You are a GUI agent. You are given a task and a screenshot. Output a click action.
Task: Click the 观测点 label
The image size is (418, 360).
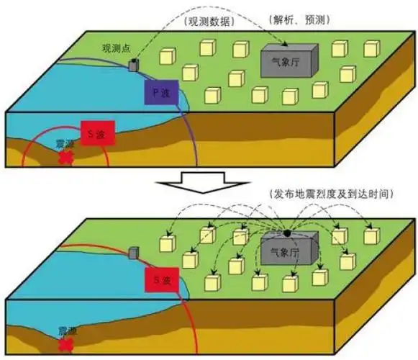[115, 50]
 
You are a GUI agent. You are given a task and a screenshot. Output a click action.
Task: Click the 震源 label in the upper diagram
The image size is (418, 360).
[65, 144]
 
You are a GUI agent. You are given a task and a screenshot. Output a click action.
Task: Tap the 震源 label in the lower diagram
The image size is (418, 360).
[65, 333]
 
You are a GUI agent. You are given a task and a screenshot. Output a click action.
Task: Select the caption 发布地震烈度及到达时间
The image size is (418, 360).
[331, 193]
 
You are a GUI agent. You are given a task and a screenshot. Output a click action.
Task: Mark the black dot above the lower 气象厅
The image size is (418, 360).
[286, 233]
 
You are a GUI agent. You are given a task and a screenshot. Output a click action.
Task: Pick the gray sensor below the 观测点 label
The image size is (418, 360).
[133, 66]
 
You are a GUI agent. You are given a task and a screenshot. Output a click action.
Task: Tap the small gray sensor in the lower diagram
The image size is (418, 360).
[133, 253]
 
